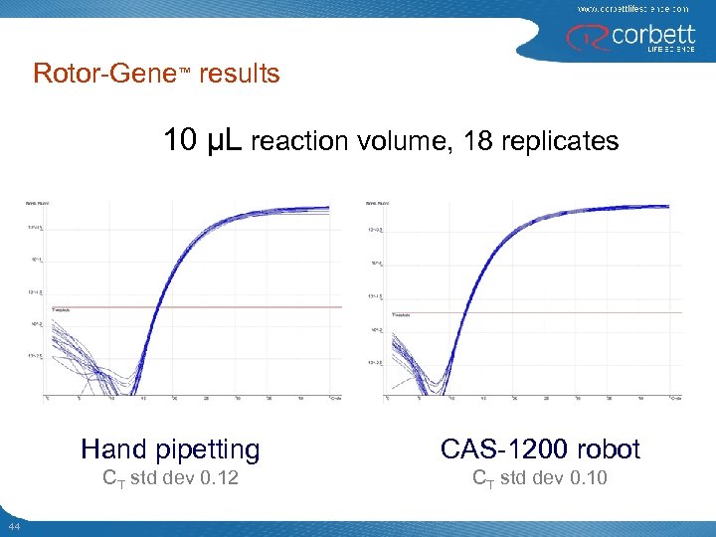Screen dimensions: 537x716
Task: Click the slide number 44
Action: click(13, 525)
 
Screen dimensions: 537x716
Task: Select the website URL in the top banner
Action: click(632, 8)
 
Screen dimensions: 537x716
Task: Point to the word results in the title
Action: click(239, 74)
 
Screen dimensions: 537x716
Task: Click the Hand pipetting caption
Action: click(170, 449)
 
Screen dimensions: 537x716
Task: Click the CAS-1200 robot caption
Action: click(540, 449)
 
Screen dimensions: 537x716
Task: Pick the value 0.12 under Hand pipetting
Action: click(219, 479)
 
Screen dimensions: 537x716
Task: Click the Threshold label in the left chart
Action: click(61, 310)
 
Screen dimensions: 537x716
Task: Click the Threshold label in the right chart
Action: click(401, 315)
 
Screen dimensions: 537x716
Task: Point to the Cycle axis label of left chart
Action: click(335, 397)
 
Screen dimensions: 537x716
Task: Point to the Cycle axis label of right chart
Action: click(675, 398)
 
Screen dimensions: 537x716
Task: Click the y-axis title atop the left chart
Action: click(38, 204)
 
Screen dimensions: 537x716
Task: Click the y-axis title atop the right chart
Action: click(378, 204)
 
